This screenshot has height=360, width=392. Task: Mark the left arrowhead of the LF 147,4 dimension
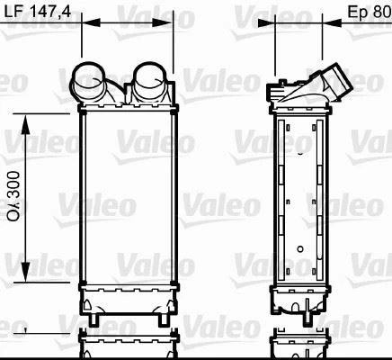click(x=85, y=24)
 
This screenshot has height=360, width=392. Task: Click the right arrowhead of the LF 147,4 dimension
click(x=169, y=24)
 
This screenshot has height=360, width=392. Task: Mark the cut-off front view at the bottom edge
click(x=126, y=346)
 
